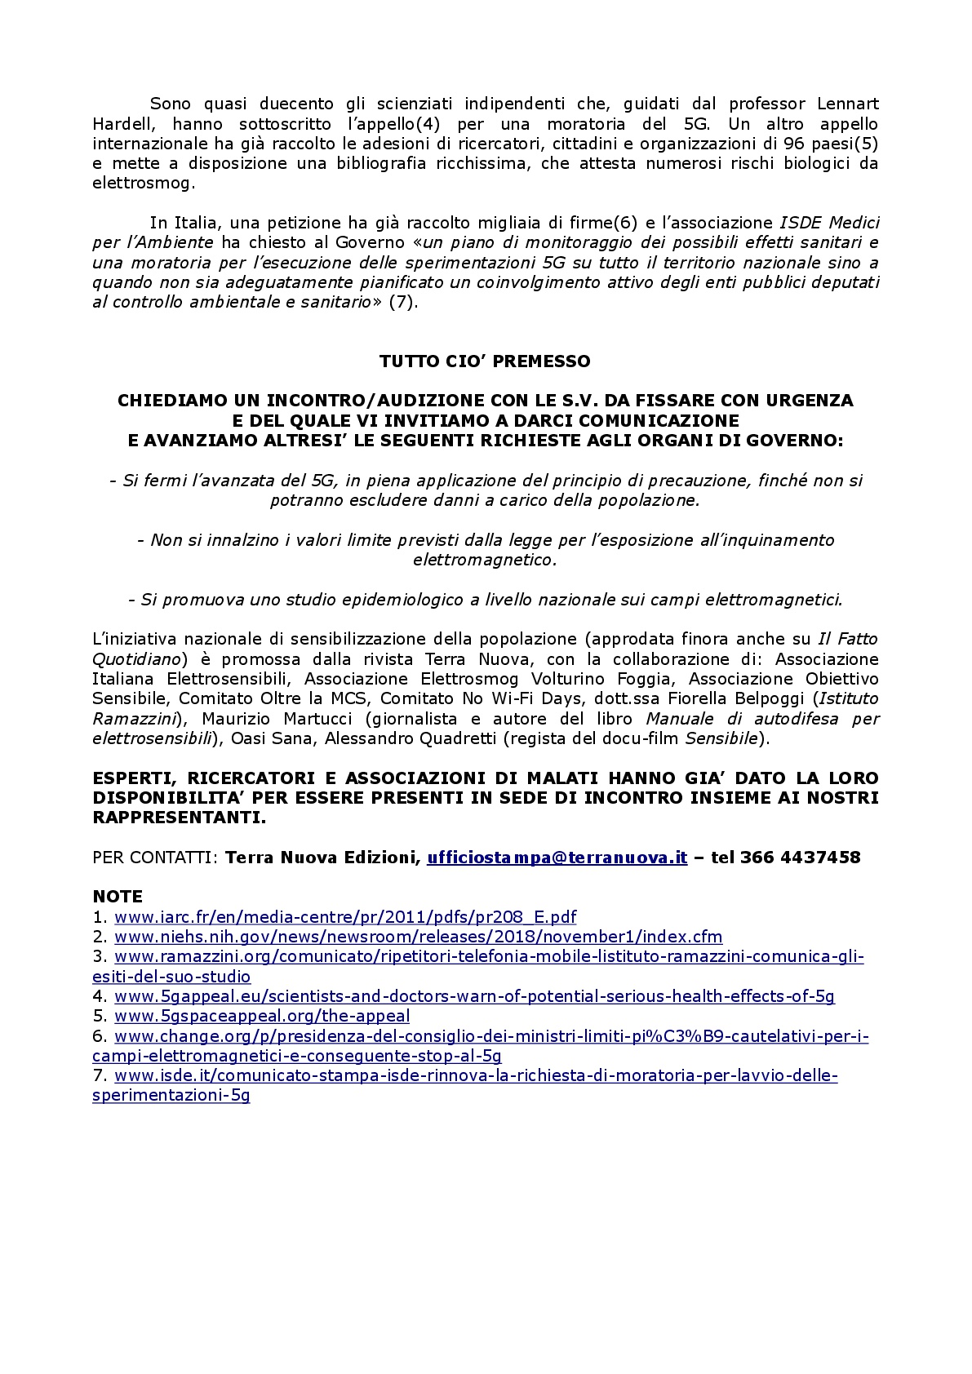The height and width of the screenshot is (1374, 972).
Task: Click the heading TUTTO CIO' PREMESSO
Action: (x=485, y=361)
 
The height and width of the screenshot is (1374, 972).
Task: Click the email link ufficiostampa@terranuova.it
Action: (x=557, y=858)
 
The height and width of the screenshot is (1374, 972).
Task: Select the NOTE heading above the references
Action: (x=118, y=897)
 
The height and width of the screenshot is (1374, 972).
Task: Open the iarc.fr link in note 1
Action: (x=345, y=917)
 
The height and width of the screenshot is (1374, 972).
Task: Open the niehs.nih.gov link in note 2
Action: (x=418, y=937)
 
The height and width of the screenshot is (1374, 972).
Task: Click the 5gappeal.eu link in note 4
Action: (x=474, y=996)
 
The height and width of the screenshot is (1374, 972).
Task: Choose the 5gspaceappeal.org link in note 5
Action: (x=262, y=1016)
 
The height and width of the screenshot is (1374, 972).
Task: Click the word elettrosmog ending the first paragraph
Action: (x=144, y=184)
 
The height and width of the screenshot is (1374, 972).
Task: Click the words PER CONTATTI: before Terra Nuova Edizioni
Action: (x=155, y=858)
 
